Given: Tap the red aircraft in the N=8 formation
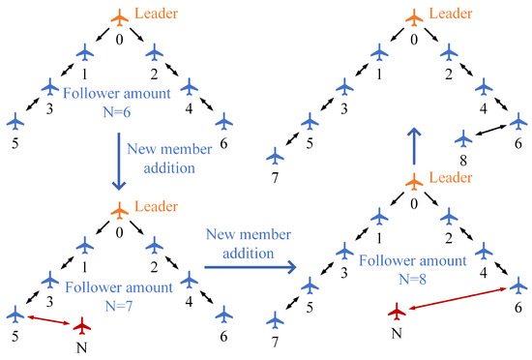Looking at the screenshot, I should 396,311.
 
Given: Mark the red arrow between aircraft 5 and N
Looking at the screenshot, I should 48,318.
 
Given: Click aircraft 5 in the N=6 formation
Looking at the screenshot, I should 15,121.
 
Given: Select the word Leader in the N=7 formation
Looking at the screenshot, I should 159,205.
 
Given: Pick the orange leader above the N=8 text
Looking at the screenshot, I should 413,182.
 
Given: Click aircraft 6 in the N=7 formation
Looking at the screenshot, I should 224,314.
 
